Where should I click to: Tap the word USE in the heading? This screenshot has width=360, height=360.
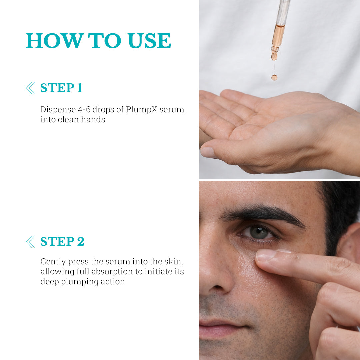point(149,41)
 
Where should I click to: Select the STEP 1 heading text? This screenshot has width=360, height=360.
point(61,88)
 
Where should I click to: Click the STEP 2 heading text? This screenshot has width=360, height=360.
point(62,241)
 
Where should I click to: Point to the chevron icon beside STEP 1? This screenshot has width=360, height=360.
point(30,88)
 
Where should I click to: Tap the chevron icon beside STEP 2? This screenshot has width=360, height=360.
point(30,242)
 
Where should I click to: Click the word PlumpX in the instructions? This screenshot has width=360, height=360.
point(141,110)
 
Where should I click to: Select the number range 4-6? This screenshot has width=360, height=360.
point(84,110)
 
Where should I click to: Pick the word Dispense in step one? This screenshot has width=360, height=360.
point(58,110)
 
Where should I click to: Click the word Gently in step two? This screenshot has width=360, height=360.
point(53,262)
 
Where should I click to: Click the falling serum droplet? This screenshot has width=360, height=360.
point(274,77)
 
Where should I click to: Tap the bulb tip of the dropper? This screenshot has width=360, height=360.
point(274,55)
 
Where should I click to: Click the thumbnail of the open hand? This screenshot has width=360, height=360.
point(208,152)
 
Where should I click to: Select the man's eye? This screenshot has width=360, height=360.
point(258,233)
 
